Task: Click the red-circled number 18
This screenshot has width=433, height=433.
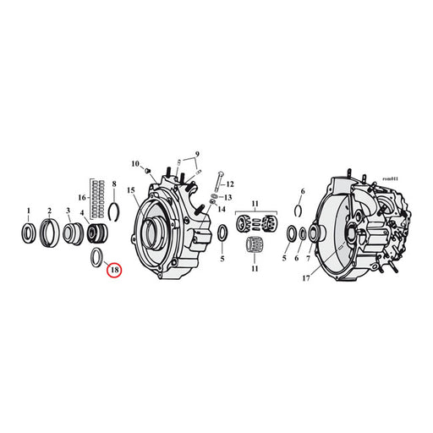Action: pyautogui.click(x=114, y=270)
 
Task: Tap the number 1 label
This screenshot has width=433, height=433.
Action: pyautogui.click(x=28, y=211)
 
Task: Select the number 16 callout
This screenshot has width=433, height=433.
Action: pyautogui.click(x=82, y=197)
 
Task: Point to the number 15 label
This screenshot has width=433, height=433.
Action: pyautogui.click(x=131, y=190)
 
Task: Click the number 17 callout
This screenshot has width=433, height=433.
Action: pyautogui.click(x=306, y=278)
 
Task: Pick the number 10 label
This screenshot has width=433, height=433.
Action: pyautogui.click(x=135, y=163)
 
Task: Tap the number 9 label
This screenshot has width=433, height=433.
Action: pyautogui.click(x=197, y=154)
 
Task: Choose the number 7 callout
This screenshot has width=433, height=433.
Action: pyautogui.click(x=308, y=258)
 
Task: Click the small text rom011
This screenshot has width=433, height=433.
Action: pyautogui.click(x=390, y=178)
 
